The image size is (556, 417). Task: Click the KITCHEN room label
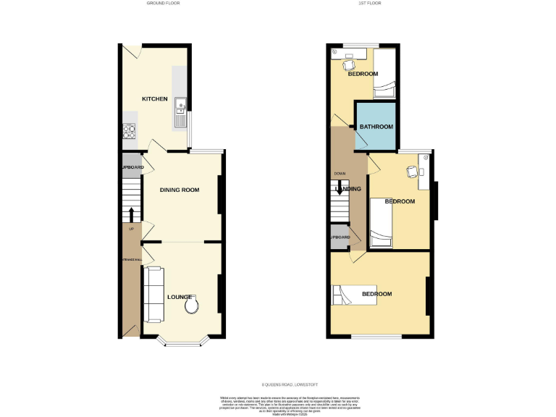click(154, 99)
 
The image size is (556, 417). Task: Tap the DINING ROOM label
click(180, 190)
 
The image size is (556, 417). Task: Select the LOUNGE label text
click(180, 297)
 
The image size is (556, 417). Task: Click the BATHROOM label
click(376, 127)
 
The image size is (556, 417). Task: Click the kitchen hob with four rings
click(130, 132)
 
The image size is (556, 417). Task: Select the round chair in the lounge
click(193, 307)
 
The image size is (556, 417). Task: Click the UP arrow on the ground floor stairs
click(131, 214)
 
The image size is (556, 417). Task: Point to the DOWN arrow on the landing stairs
click(339, 190)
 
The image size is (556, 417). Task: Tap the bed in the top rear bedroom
click(384, 73)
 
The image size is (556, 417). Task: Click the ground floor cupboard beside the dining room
click(131, 167)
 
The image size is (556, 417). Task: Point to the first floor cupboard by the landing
click(340, 237)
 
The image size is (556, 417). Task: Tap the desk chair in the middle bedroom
click(411, 172)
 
